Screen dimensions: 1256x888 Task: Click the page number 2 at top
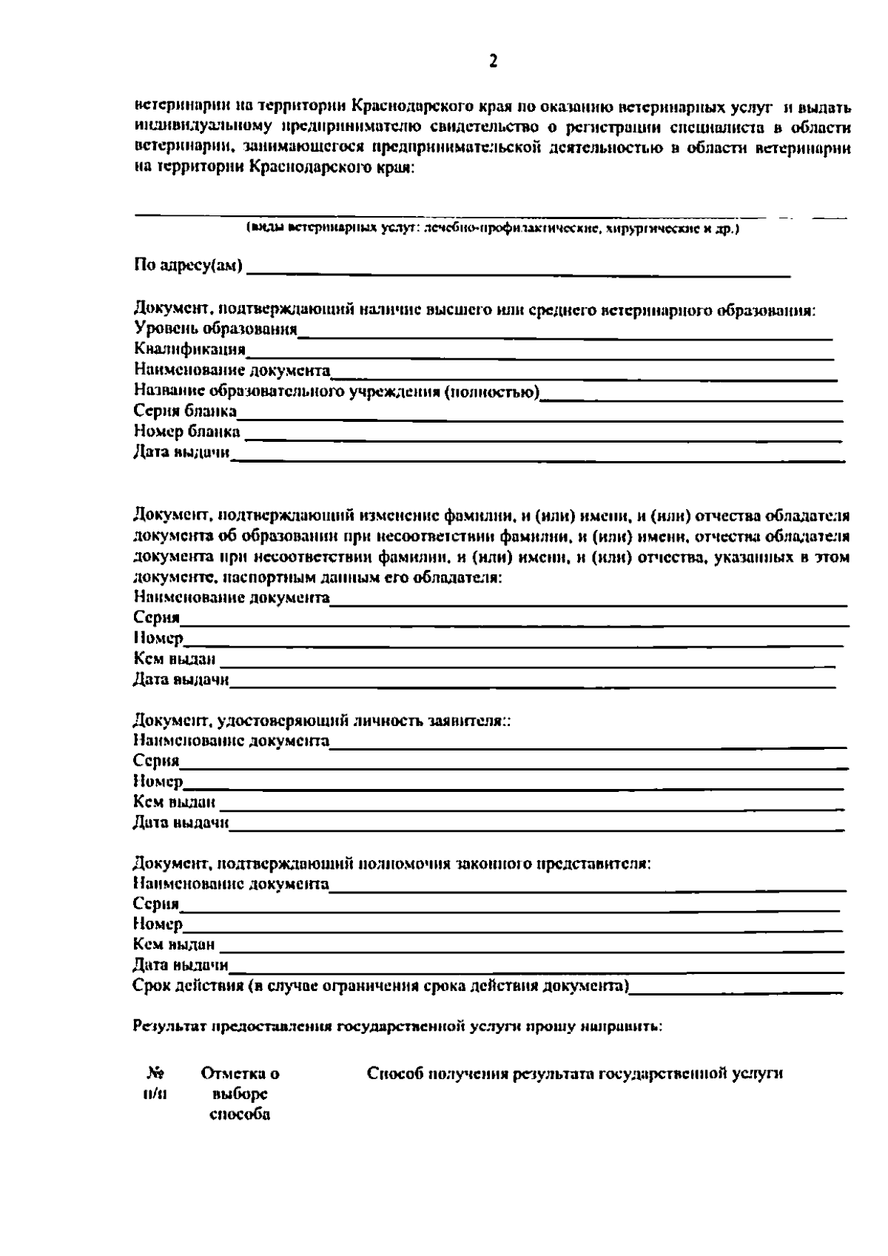(x=494, y=61)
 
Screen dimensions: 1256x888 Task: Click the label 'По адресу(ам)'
(x=189, y=265)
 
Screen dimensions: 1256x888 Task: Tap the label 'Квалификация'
(x=189, y=349)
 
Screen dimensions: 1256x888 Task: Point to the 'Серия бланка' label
(x=185, y=411)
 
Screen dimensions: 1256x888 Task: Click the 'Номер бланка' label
(x=186, y=431)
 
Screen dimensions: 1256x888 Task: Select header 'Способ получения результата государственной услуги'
(x=575, y=1073)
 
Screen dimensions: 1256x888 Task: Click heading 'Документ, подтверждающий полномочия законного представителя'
(x=391, y=863)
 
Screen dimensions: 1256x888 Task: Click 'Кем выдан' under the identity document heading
(x=175, y=802)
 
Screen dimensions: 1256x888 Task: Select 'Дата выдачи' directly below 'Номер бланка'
(x=181, y=451)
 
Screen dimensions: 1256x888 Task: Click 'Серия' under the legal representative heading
(x=156, y=904)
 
